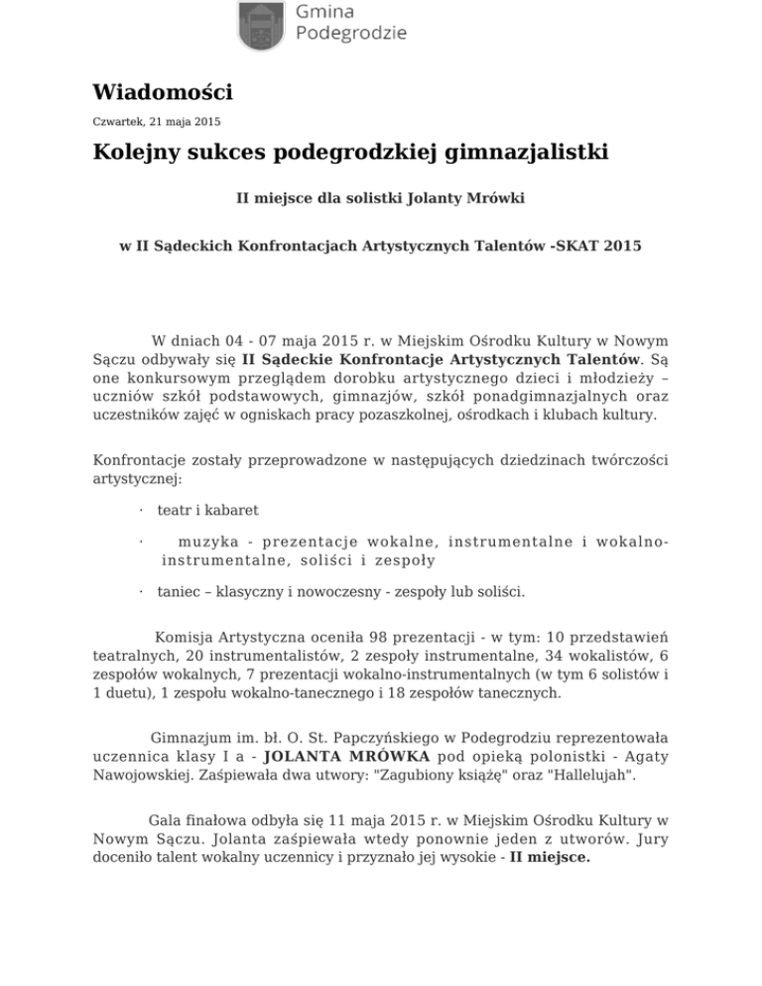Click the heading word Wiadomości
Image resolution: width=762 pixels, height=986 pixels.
162,93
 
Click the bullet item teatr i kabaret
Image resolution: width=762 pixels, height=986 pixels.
207,510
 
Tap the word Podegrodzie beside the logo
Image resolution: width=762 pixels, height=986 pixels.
351,33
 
